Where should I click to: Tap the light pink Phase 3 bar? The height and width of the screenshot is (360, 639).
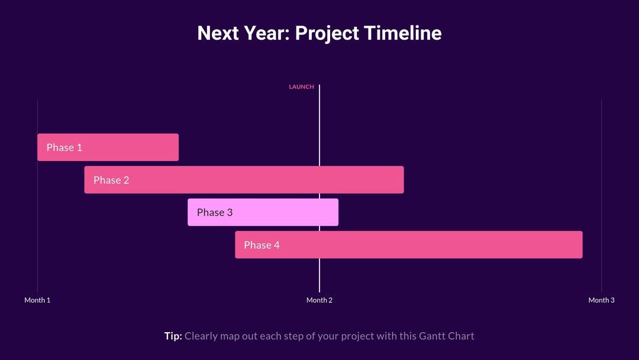point(278,212)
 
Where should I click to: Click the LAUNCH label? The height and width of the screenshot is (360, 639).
point(301,87)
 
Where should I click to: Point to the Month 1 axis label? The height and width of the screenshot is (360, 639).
point(37,300)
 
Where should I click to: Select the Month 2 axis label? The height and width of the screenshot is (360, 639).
point(319,300)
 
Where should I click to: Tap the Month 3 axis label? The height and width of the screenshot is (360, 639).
point(601,300)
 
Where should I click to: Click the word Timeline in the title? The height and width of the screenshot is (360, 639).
point(402,33)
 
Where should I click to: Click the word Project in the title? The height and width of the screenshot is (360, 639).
point(327,33)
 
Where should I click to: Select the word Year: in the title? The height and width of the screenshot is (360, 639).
point(266,33)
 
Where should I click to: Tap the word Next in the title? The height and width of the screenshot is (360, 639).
point(218,33)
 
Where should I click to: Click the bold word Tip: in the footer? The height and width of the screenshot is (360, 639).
point(173,336)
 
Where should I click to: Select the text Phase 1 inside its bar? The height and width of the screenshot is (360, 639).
point(64,147)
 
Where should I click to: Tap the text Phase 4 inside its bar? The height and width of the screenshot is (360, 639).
point(262,245)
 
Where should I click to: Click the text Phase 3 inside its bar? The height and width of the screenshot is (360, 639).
point(215,212)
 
